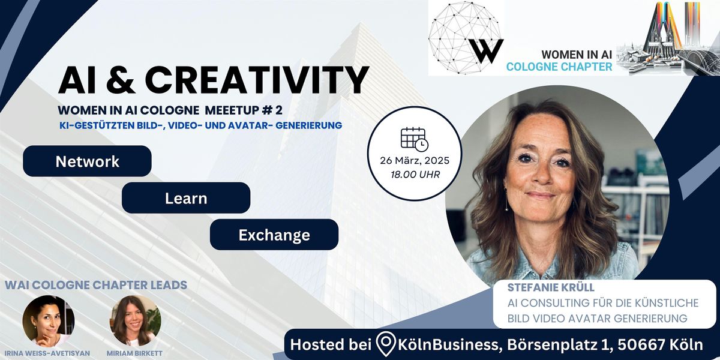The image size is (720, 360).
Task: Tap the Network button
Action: click(87, 161)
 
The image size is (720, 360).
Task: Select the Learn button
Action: click(185, 198)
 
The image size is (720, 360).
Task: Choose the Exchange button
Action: click(274, 235)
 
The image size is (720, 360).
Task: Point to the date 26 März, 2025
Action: click(413, 161)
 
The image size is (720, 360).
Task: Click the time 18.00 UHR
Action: click(413, 175)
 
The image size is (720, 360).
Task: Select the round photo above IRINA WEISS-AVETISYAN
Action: click(49, 320)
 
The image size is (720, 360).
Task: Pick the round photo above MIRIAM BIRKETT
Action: click(135, 320)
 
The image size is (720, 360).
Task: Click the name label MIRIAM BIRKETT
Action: click(136, 353)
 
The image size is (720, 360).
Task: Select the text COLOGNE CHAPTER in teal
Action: click(559, 67)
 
